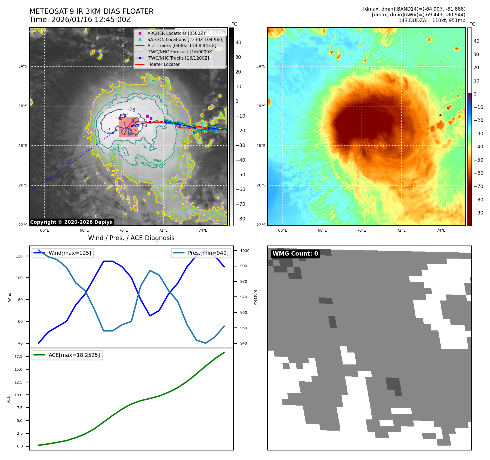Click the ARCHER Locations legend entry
[176, 33]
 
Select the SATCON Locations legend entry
[185, 39]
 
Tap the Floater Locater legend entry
[163, 65]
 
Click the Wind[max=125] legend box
[63, 253]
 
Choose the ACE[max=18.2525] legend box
[67, 355]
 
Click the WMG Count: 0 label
[295, 254]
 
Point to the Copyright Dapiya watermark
[71, 222]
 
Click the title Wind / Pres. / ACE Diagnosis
[131, 238]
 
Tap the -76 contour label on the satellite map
[131, 109]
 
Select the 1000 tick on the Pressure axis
[245, 251]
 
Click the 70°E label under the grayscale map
[124, 231]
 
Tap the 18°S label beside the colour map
[261, 146]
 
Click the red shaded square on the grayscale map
[128, 127]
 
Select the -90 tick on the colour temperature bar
[478, 213]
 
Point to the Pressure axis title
[255, 297]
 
